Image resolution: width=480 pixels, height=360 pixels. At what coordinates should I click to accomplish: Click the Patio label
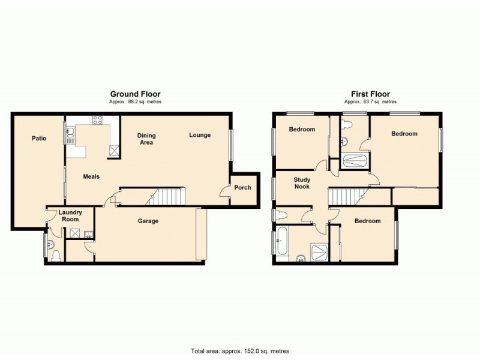pos(39,139)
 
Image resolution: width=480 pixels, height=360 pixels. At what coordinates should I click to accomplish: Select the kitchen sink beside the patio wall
pos(70,132)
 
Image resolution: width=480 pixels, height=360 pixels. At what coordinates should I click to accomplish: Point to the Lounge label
pos(200,135)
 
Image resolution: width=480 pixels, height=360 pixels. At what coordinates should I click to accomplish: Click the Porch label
pos(242,188)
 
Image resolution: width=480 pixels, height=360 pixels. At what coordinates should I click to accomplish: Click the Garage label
pos(148,221)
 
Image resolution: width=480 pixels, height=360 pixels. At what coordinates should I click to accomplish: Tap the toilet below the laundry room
pos(55,255)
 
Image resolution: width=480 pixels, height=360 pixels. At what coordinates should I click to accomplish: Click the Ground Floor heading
pos(135,94)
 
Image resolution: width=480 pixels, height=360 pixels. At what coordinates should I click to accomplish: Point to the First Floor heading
pos(370,94)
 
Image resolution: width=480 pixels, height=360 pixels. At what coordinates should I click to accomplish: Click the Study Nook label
pos(302,183)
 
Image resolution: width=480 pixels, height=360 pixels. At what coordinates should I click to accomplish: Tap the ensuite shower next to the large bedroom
pos(355,160)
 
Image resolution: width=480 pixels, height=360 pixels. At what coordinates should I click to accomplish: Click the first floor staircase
pos(347,196)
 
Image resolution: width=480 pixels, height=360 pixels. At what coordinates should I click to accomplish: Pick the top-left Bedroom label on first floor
pos(302,130)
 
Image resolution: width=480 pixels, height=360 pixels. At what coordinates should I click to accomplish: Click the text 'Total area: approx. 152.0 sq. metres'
pos(239,351)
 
